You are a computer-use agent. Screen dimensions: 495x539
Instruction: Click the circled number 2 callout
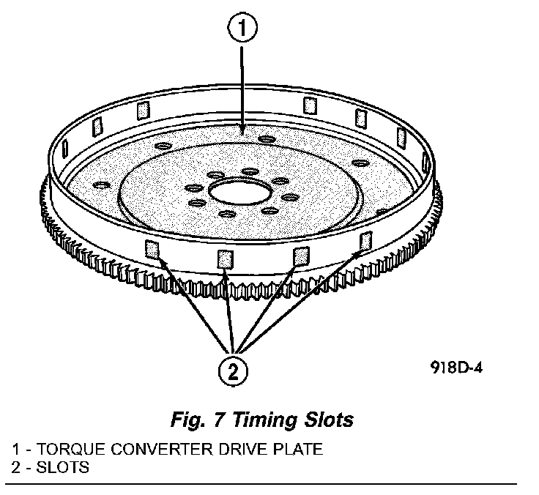pyautogui.click(x=234, y=371)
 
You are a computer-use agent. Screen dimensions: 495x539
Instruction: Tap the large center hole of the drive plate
pyautogui.click(x=237, y=194)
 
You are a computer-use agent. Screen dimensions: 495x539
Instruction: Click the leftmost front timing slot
pyautogui.click(x=153, y=248)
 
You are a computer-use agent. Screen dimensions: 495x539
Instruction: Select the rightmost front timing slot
pyautogui.click(x=365, y=240)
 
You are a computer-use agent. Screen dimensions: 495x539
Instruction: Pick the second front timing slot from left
pyautogui.click(x=226, y=258)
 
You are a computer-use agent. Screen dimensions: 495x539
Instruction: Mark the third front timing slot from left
pyautogui.click(x=299, y=254)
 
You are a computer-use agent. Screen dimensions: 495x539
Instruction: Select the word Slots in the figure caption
pyautogui.click(x=329, y=420)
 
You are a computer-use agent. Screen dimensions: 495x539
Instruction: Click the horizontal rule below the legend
pyautogui.click(x=264, y=484)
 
